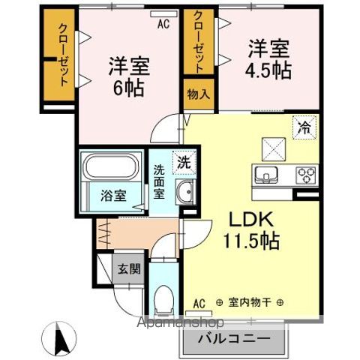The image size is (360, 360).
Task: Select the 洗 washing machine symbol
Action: tap(183, 160)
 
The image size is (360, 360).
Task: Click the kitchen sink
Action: tap(266, 176)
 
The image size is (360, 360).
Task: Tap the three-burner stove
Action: tap(306, 176)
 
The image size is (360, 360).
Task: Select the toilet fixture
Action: tap(160, 304)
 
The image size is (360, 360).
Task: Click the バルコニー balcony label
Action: tap(235, 338)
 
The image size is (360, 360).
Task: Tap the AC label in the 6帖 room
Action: tap(163, 22)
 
